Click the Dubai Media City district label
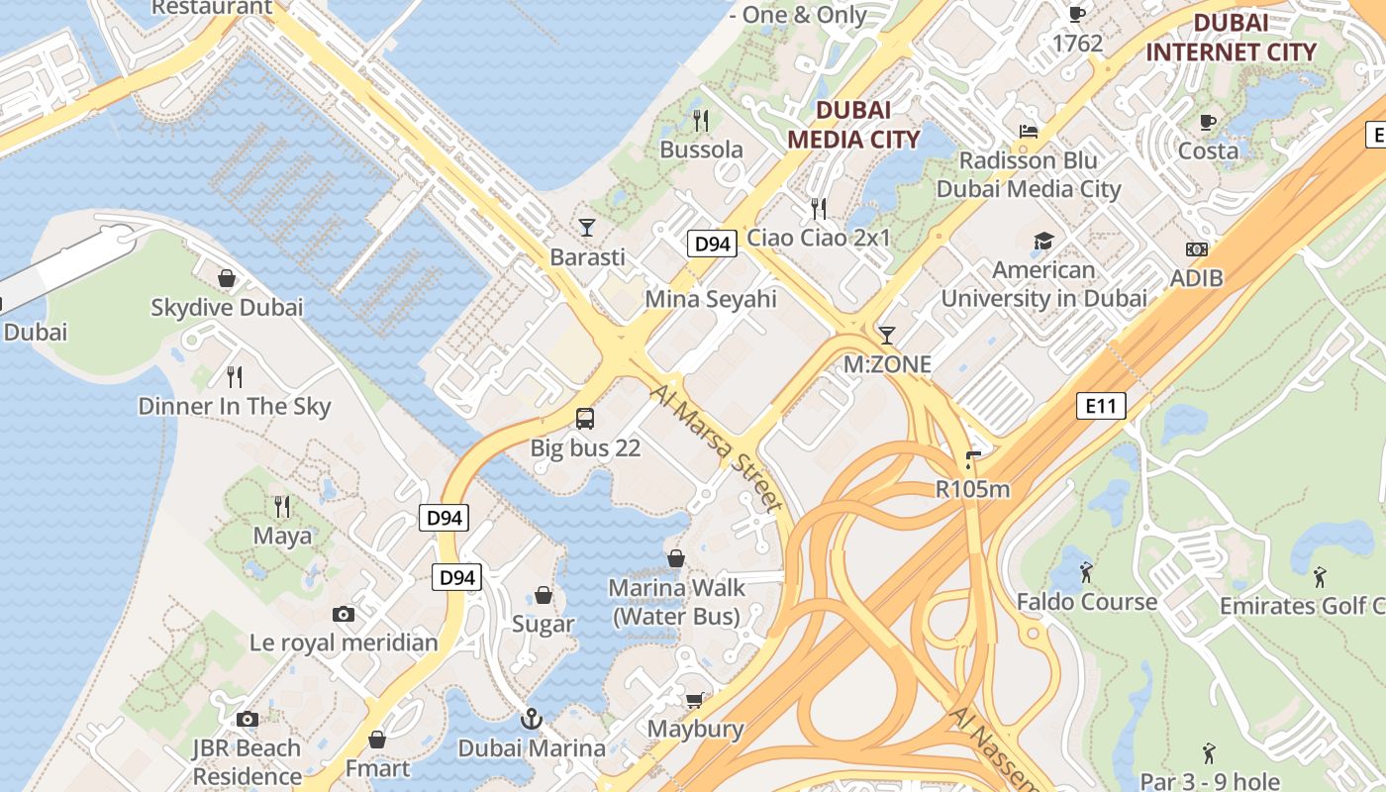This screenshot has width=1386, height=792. (840, 124)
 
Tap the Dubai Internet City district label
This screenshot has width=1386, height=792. (1231, 38)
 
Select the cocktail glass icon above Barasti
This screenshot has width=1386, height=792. (587, 227)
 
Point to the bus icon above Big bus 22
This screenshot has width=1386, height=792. (585, 418)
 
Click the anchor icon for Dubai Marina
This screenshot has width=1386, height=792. (532, 718)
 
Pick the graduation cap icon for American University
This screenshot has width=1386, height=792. (1043, 241)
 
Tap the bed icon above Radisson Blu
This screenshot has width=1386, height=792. (1029, 131)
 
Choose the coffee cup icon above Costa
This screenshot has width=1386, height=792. (1208, 122)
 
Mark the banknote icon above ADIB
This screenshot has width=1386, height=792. (1196, 249)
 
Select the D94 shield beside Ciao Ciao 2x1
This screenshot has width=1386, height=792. (713, 244)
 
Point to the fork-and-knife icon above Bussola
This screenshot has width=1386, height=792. (701, 121)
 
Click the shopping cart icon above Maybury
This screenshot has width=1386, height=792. (695, 700)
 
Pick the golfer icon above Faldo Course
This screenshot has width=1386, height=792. (1086, 571)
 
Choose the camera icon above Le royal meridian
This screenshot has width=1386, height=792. (344, 614)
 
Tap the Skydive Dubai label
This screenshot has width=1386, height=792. (227, 307)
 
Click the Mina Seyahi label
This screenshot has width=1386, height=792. (711, 299)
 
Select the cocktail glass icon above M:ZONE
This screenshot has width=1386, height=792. (886, 335)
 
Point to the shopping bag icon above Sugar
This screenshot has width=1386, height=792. (543, 595)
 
